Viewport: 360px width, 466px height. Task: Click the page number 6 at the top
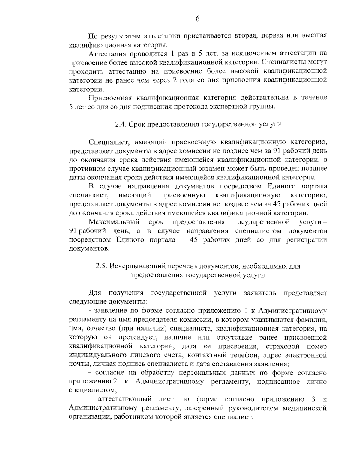(x=198, y=19)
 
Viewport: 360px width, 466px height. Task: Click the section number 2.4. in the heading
(x=121, y=124)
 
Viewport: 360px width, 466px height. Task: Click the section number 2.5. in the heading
(x=101, y=266)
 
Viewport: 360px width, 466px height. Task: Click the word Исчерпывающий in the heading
(x=133, y=266)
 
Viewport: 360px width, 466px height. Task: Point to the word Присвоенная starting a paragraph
(x=109, y=98)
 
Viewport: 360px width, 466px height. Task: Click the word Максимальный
(x=114, y=222)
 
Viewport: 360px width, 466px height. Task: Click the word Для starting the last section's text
(x=95, y=293)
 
